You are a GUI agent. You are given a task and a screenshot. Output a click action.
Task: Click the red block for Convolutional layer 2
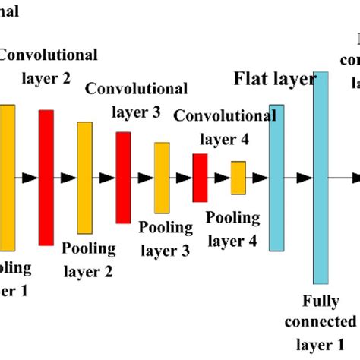coord(46,178)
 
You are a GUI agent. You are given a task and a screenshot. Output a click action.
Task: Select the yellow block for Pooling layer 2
coord(84,178)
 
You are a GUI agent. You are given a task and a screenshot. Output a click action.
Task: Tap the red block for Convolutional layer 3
coord(123,178)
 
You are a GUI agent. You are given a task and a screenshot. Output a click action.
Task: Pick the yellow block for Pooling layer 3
coord(162,178)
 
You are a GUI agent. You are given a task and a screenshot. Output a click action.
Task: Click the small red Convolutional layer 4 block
coord(200,178)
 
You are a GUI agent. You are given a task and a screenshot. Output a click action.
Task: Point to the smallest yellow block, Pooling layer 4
coord(238,178)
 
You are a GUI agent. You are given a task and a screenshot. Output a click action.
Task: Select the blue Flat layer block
coord(277,178)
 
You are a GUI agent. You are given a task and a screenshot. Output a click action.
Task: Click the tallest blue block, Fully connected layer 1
coord(321,178)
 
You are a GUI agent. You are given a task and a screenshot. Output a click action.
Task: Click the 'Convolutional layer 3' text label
coord(123,100)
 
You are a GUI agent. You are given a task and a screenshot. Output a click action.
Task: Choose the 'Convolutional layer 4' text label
coord(225,127)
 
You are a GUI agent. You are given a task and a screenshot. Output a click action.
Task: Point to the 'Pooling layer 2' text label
coord(88,258)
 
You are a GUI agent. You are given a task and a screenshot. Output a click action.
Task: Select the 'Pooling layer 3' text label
coord(164,238)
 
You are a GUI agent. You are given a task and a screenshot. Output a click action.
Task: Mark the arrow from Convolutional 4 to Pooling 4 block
coord(222,178)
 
